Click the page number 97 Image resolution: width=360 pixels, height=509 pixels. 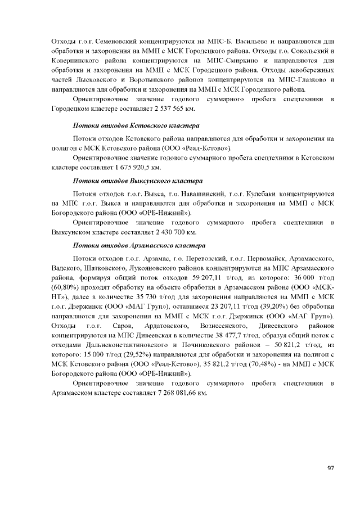(x=330, y=468)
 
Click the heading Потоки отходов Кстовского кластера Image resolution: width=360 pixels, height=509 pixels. (x=137, y=125)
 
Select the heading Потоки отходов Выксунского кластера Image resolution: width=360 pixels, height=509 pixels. (x=138, y=182)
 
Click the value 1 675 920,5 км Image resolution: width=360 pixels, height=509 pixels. (x=137, y=167)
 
